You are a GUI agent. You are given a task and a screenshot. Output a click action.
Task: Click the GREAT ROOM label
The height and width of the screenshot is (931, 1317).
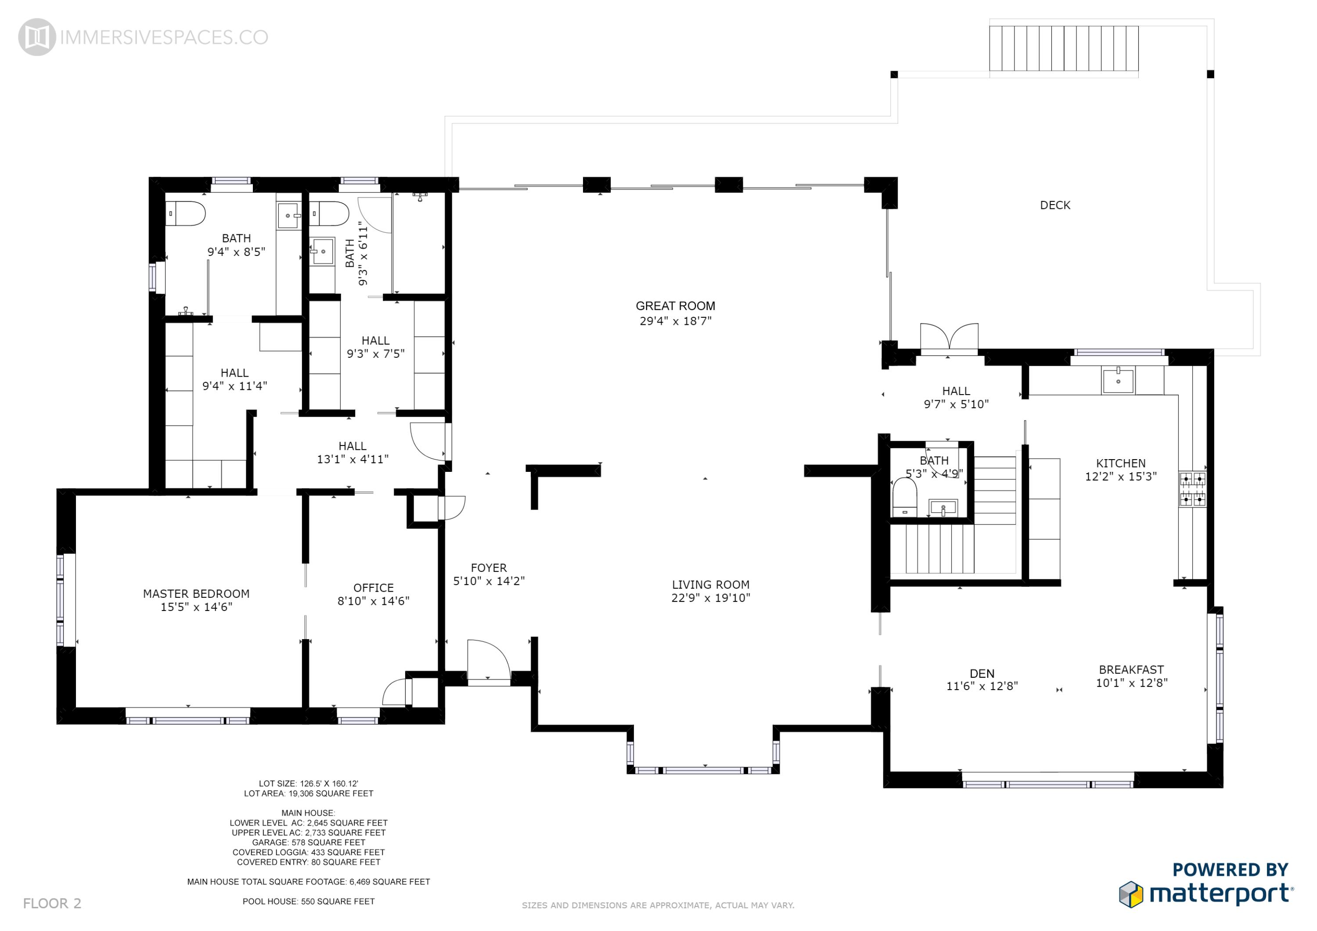[675, 306]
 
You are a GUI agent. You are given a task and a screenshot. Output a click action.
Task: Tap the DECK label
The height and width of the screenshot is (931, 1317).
[1055, 205]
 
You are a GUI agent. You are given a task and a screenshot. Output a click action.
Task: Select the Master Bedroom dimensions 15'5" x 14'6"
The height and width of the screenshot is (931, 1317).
[196, 607]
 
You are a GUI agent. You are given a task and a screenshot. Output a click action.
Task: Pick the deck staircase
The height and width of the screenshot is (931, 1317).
[1063, 48]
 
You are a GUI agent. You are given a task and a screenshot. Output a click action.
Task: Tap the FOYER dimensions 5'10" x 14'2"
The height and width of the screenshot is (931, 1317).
[489, 581]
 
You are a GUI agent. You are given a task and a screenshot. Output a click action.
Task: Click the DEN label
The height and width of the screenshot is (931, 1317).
[982, 673]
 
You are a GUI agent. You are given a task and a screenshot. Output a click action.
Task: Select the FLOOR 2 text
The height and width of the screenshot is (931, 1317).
[52, 903]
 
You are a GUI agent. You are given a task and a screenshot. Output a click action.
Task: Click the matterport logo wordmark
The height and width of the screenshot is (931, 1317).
[1220, 894]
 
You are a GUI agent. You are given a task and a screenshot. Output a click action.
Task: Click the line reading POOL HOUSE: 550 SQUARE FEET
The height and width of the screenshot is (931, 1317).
[309, 901]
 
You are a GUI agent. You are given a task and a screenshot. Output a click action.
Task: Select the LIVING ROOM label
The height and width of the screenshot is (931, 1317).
[711, 585]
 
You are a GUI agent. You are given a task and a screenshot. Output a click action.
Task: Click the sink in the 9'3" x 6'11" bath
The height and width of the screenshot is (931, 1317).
[322, 251]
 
